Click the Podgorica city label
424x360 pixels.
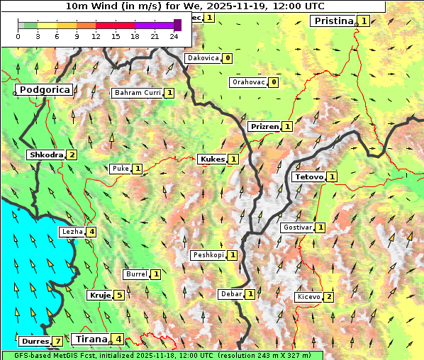click(x=44, y=90)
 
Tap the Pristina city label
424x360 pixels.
click(x=333, y=21)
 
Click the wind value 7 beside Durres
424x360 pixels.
click(x=57, y=342)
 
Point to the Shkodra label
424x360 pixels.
click(x=45, y=155)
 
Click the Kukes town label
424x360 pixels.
click(x=212, y=159)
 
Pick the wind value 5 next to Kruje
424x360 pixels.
click(x=119, y=296)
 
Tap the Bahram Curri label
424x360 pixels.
click(x=138, y=93)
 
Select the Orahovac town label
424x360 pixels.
click(x=248, y=82)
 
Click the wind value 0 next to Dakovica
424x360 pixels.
click(x=227, y=58)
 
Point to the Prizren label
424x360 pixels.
click(x=264, y=127)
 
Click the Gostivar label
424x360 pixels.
click(x=296, y=227)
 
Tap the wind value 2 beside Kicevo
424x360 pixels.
click(x=328, y=297)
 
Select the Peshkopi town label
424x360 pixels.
click(x=208, y=255)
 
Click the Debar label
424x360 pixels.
click(x=231, y=294)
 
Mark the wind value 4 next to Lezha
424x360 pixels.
click(x=91, y=232)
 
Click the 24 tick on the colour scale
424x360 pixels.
click(x=174, y=36)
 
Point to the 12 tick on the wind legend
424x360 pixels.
click(x=96, y=36)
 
